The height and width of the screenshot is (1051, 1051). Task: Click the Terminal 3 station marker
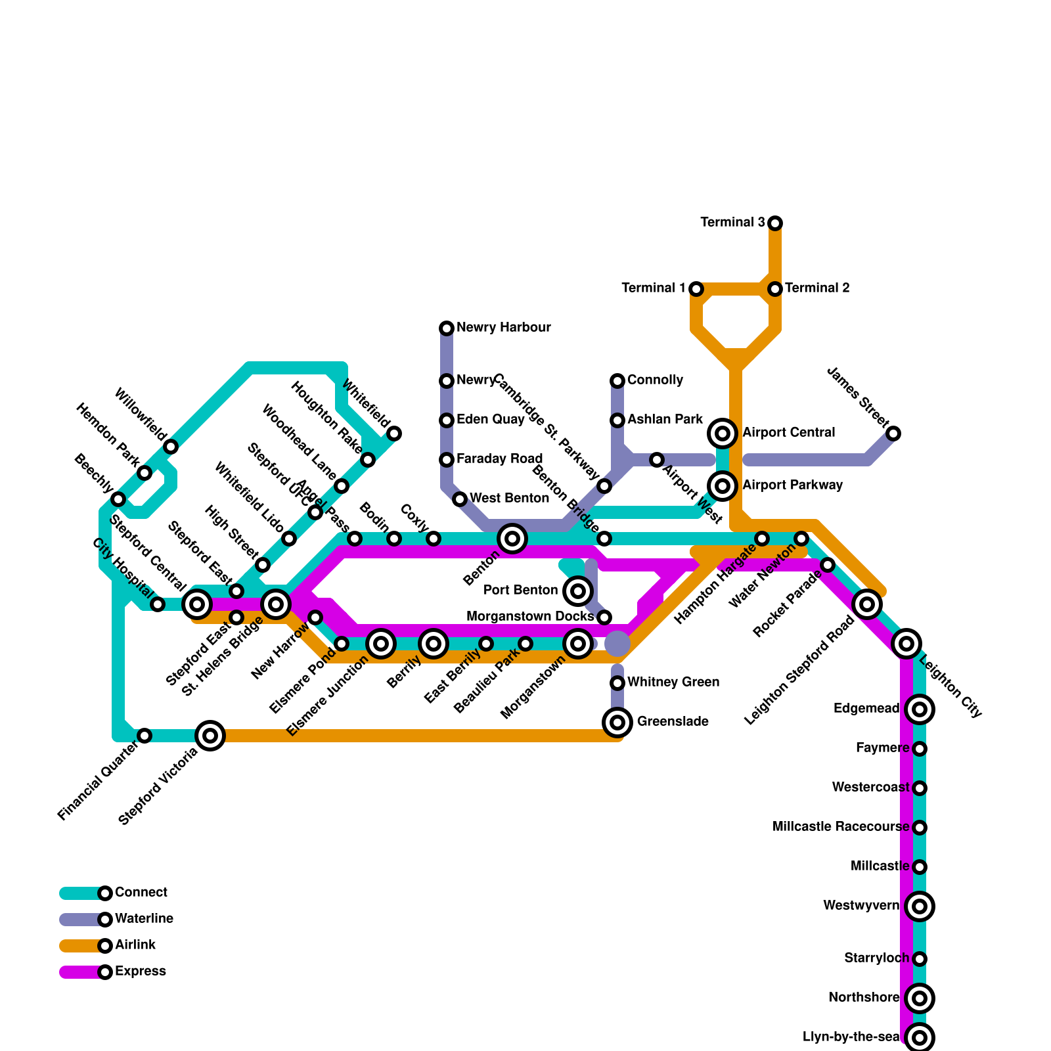[775, 223]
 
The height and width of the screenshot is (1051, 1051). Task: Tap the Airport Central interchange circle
[723, 434]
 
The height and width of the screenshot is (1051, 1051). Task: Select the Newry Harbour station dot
[447, 328]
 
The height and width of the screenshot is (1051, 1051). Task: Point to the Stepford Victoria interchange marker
[210, 736]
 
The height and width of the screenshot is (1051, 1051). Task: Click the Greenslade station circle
[617, 723]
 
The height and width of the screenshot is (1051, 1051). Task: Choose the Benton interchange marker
[512, 539]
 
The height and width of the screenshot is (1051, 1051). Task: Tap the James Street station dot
[893, 434]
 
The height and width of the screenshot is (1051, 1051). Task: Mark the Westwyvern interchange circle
[920, 906]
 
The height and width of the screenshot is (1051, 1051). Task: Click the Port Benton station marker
[578, 591]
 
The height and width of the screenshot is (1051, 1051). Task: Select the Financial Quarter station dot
[145, 736]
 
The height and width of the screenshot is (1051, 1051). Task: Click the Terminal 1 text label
[654, 288]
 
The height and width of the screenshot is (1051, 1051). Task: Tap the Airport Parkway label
[792, 485]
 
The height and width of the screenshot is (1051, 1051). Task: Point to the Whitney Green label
[673, 682]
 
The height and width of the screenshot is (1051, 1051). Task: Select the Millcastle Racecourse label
[841, 827]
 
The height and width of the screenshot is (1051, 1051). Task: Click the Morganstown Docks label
[530, 617]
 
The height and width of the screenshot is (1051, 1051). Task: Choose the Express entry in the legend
[140, 972]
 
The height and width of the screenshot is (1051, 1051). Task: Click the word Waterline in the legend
[144, 919]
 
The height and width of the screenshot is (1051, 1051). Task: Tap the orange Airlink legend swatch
[80, 946]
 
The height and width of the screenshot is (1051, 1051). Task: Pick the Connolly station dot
[617, 381]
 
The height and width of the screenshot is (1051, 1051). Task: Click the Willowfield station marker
[171, 447]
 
